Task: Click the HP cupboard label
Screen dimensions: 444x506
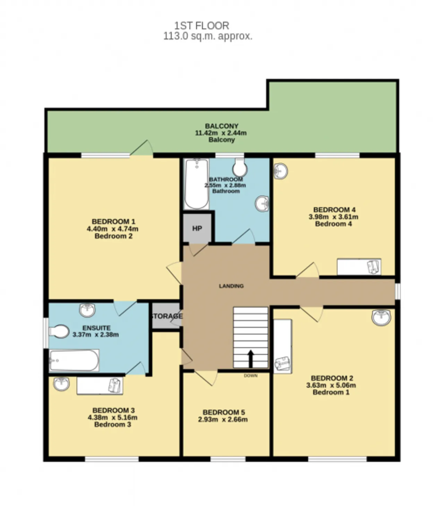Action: click(197, 228)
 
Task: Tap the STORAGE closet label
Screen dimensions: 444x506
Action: click(166, 316)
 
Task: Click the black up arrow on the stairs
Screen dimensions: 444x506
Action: click(250, 359)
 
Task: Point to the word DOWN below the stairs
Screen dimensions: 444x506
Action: click(250, 376)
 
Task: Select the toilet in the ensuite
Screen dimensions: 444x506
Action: click(59, 332)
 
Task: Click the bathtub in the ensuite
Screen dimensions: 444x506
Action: click(74, 360)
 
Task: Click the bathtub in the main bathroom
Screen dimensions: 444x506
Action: click(197, 184)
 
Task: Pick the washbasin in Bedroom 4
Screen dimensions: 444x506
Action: click(281, 171)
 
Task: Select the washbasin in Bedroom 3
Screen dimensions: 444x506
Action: click(61, 384)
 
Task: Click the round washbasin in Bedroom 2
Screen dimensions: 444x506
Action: click(381, 317)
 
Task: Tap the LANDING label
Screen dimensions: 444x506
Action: click(231, 286)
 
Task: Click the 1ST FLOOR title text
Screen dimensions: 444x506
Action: click(202, 26)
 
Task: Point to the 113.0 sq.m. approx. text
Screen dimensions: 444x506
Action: click(208, 36)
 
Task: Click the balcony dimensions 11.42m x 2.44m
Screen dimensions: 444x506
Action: click(221, 133)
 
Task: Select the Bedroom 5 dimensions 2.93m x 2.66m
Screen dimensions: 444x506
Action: click(223, 419)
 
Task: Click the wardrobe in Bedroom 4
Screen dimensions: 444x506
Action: click(359, 267)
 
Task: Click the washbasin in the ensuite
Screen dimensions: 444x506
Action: click(87, 310)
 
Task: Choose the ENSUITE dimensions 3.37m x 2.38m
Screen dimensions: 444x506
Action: click(95, 334)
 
